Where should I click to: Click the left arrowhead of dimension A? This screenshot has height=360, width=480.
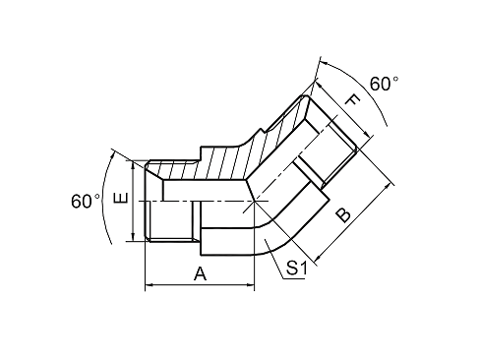click(150, 287)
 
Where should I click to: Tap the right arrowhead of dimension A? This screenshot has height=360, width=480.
click(253, 287)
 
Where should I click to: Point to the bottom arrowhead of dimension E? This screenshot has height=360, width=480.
click(133, 239)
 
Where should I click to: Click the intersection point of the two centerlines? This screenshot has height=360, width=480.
click(254, 201)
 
